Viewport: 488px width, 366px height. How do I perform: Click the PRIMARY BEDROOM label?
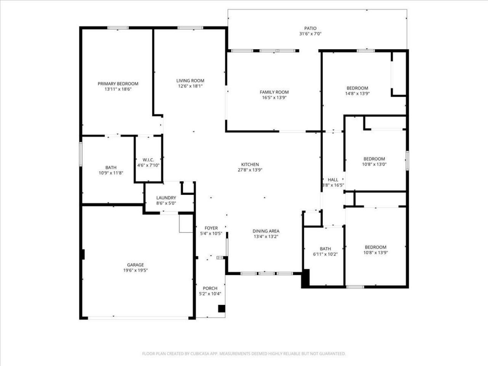[x=118, y=84]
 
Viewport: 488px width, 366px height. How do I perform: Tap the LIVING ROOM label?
[x=190, y=80]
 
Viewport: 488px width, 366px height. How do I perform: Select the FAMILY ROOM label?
[x=274, y=92]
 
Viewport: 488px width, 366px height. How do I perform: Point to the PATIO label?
[x=310, y=28]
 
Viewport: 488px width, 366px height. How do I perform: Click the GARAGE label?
[x=135, y=265]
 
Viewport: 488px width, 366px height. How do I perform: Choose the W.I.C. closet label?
[x=148, y=160]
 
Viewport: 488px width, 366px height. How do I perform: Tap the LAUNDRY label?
[x=166, y=198]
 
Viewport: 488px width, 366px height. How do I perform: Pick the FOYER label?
[x=211, y=228]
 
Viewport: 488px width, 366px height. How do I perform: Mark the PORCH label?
[x=210, y=288]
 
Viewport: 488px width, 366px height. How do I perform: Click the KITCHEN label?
[x=250, y=164]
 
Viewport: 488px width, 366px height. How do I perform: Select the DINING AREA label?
[x=266, y=231]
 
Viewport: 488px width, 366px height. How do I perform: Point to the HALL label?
[x=333, y=180]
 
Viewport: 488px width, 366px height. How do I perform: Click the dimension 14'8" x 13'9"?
[x=357, y=93]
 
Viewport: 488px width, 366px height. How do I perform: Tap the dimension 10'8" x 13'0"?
[x=374, y=164]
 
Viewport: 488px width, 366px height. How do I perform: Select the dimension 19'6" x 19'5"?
[x=135, y=270]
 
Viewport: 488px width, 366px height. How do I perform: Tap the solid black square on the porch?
[x=222, y=308]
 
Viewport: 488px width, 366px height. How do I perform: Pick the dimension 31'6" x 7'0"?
[x=310, y=34]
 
